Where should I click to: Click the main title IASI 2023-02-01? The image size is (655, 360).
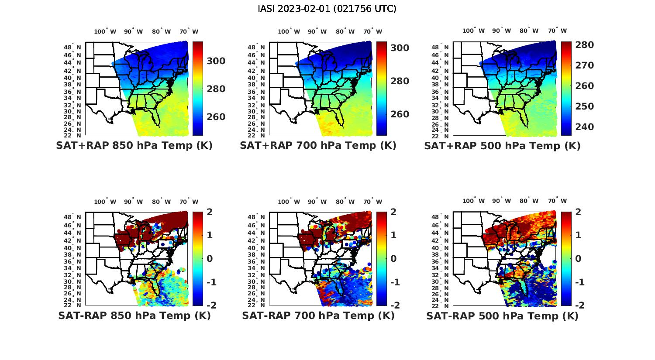[327, 9]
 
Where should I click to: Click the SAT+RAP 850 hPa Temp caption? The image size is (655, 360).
[134, 145]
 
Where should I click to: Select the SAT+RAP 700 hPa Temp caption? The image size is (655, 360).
[318, 145]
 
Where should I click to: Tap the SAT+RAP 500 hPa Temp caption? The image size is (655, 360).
[502, 146]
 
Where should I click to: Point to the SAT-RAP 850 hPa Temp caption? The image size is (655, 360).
[134, 315]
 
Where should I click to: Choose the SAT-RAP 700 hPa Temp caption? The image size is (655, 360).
[318, 315]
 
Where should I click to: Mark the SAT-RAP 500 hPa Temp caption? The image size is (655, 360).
[502, 316]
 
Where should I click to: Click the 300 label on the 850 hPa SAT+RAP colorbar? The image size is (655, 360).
[216, 61]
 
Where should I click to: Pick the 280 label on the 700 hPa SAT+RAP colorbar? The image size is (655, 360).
[400, 81]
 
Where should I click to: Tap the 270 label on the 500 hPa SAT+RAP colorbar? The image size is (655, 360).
[584, 65]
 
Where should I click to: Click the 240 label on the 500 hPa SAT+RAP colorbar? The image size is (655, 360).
[584, 127]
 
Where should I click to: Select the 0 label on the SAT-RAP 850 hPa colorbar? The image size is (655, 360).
[210, 259]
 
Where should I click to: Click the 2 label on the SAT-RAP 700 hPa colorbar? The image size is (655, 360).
[393, 212]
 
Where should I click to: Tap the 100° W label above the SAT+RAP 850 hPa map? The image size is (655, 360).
[105, 31]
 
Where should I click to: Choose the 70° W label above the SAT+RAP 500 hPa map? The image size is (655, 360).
[557, 31]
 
